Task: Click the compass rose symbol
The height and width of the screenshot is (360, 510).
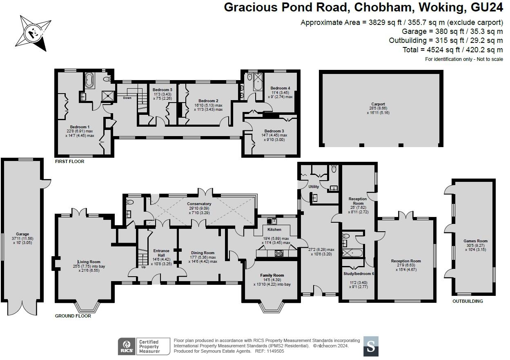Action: coord(35,34)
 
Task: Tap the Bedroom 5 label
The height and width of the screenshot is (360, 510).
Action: coord(163,90)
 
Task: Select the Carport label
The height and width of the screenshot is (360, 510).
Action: coord(378,104)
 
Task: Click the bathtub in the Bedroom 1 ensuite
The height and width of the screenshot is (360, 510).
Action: coord(89,80)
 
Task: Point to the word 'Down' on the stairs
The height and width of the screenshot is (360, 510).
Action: coord(127,98)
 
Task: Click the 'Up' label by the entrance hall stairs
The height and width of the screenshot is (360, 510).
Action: coord(143,267)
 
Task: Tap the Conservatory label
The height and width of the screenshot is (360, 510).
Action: coord(199,203)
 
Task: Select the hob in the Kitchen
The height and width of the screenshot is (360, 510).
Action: coord(279,253)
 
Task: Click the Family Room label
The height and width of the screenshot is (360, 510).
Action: coord(272,275)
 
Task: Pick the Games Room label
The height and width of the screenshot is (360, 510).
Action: coord(476,241)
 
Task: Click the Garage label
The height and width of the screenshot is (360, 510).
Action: coord(22,234)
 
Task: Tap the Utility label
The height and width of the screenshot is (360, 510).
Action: coord(314,187)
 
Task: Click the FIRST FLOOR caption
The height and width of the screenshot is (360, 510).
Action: coord(70,161)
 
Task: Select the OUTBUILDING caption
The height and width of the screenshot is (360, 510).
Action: coord(468,301)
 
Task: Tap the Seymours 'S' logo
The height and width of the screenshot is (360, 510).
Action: coord(371,347)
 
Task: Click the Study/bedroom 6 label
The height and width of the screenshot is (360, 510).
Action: coord(359,274)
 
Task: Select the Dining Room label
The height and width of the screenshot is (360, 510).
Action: coord(203,253)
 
